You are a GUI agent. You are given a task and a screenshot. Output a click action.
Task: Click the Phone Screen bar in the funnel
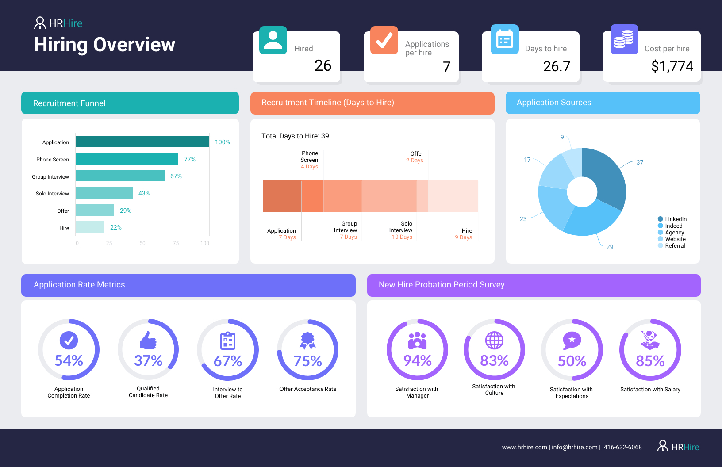tap(127, 159)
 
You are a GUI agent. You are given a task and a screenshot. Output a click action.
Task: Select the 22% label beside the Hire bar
tap(116, 227)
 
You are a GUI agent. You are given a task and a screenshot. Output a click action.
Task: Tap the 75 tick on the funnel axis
tap(176, 243)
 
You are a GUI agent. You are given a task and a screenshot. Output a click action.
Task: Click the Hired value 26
tap(323, 65)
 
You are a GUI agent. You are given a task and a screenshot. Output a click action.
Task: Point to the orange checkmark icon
tap(384, 40)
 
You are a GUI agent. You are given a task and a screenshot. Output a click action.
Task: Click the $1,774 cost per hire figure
tap(672, 66)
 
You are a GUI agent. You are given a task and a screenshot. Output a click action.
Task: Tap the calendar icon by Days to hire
tap(504, 40)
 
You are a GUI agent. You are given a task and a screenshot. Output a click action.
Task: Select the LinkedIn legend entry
tap(672, 219)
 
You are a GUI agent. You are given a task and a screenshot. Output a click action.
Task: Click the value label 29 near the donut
tap(610, 247)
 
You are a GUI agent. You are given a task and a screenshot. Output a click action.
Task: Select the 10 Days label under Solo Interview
tap(402, 237)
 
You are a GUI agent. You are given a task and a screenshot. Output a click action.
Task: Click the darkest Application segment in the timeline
tap(282, 196)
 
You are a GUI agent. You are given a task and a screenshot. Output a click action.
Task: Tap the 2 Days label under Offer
tap(415, 161)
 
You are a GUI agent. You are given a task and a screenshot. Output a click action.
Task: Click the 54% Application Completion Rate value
tap(69, 360)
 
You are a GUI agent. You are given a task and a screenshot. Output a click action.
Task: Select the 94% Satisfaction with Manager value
tap(417, 360)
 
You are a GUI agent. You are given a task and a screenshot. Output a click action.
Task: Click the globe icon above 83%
tap(494, 340)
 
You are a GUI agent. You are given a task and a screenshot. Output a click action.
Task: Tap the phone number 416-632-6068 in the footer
tap(622, 447)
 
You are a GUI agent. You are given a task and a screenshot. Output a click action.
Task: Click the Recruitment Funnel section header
tap(130, 103)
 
